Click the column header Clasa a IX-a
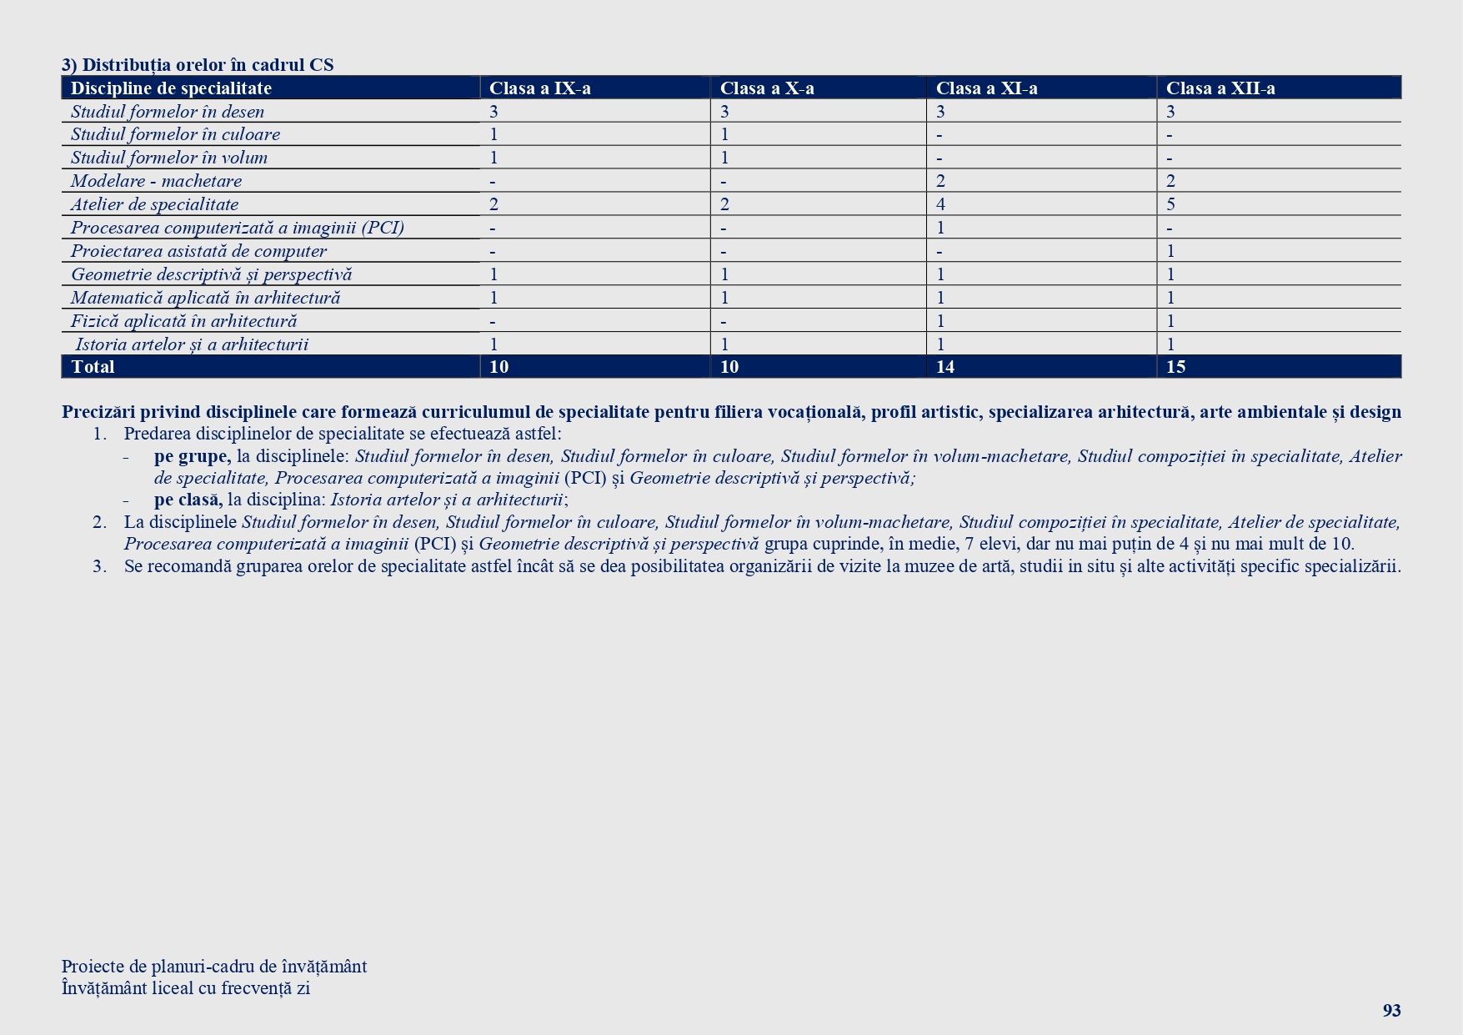click(x=539, y=88)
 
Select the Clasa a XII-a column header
click(x=1220, y=88)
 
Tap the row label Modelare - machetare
click(x=156, y=181)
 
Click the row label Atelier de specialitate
click(x=154, y=204)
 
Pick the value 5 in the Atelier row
click(x=1170, y=204)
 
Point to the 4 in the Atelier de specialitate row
click(x=940, y=204)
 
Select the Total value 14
click(x=945, y=367)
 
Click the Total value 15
click(x=1175, y=367)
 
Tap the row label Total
click(x=93, y=367)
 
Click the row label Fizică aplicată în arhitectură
click(x=183, y=321)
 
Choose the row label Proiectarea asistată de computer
click(x=198, y=251)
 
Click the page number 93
click(x=1391, y=1011)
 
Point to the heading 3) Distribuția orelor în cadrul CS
click(x=198, y=65)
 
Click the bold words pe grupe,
click(x=192, y=456)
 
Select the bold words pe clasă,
click(x=188, y=500)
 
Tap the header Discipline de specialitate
click(x=171, y=88)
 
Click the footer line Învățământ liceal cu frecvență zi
click(x=185, y=988)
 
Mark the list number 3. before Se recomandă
click(x=99, y=565)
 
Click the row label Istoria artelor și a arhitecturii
click(x=192, y=344)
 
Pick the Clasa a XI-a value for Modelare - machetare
click(x=940, y=181)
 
